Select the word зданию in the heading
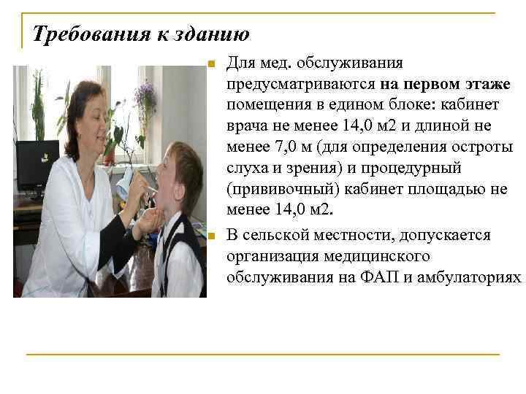click(x=216, y=34)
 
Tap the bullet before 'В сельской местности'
click(x=210, y=236)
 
